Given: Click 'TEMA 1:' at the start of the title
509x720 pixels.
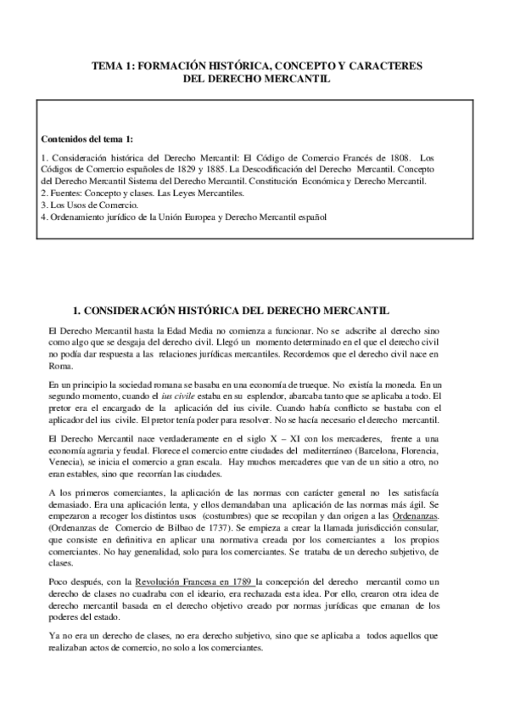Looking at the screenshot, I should [114, 65].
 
